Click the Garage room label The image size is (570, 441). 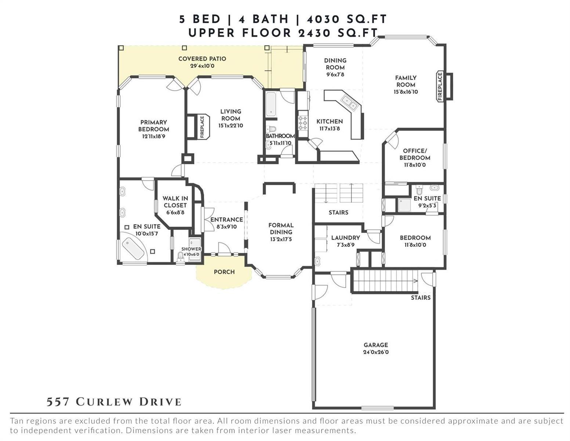tap(375, 345)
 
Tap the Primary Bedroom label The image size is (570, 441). tap(154, 126)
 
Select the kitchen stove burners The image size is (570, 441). tap(303, 123)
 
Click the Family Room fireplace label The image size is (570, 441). tap(440, 86)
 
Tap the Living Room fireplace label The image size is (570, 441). tap(202, 127)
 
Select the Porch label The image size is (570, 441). tap(224, 272)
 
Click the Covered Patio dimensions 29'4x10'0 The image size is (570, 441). tap(202, 66)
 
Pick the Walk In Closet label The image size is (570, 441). tap(175, 202)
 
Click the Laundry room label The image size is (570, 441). tap(345, 238)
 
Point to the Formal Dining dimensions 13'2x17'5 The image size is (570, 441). tap(281, 239)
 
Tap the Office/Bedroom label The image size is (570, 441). tap(415, 154)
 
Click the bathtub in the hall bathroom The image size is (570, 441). tap(271, 104)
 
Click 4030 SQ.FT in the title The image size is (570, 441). tap(346, 19)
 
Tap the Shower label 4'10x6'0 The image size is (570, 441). tap(191, 251)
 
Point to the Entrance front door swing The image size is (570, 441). tap(225, 248)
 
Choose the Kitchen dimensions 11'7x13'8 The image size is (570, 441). tap(329, 128)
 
